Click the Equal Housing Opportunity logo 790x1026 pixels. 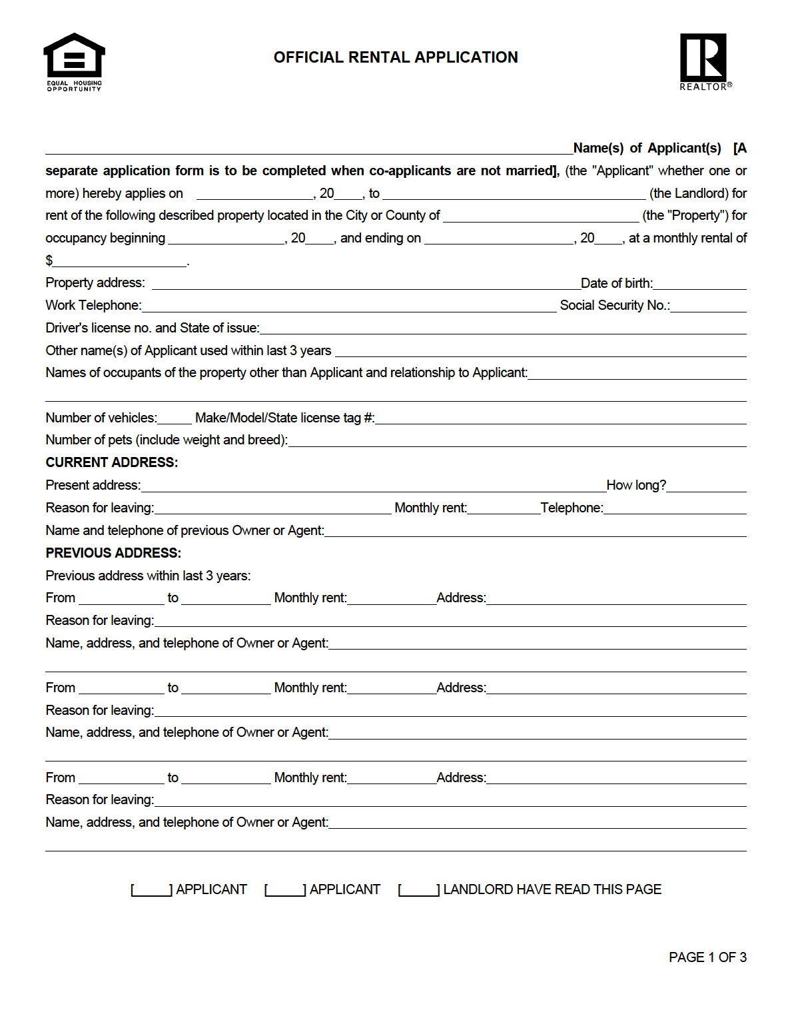[74, 61]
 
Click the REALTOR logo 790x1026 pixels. [705, 61]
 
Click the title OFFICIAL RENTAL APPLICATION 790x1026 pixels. [396, 57]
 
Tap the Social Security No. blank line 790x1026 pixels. [708, 306]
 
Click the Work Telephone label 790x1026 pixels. [93, 305]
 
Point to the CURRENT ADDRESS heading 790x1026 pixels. [112, 462]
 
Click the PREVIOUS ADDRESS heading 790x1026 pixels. [113, 553]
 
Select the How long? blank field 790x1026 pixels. [706, 486]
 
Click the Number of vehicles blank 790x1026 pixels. [175, 419]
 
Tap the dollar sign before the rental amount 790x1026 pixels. [49, 260]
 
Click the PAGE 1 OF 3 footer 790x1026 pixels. [707, 957]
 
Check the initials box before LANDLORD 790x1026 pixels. [419, 890]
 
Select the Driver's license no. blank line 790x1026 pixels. [503, 329]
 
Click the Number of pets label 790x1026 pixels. [167, 440]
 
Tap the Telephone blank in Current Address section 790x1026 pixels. [675, 509]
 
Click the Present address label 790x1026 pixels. [93, 486]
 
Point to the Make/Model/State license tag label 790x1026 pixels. [284, 418]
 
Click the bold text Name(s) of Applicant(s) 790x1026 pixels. [647, 149]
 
